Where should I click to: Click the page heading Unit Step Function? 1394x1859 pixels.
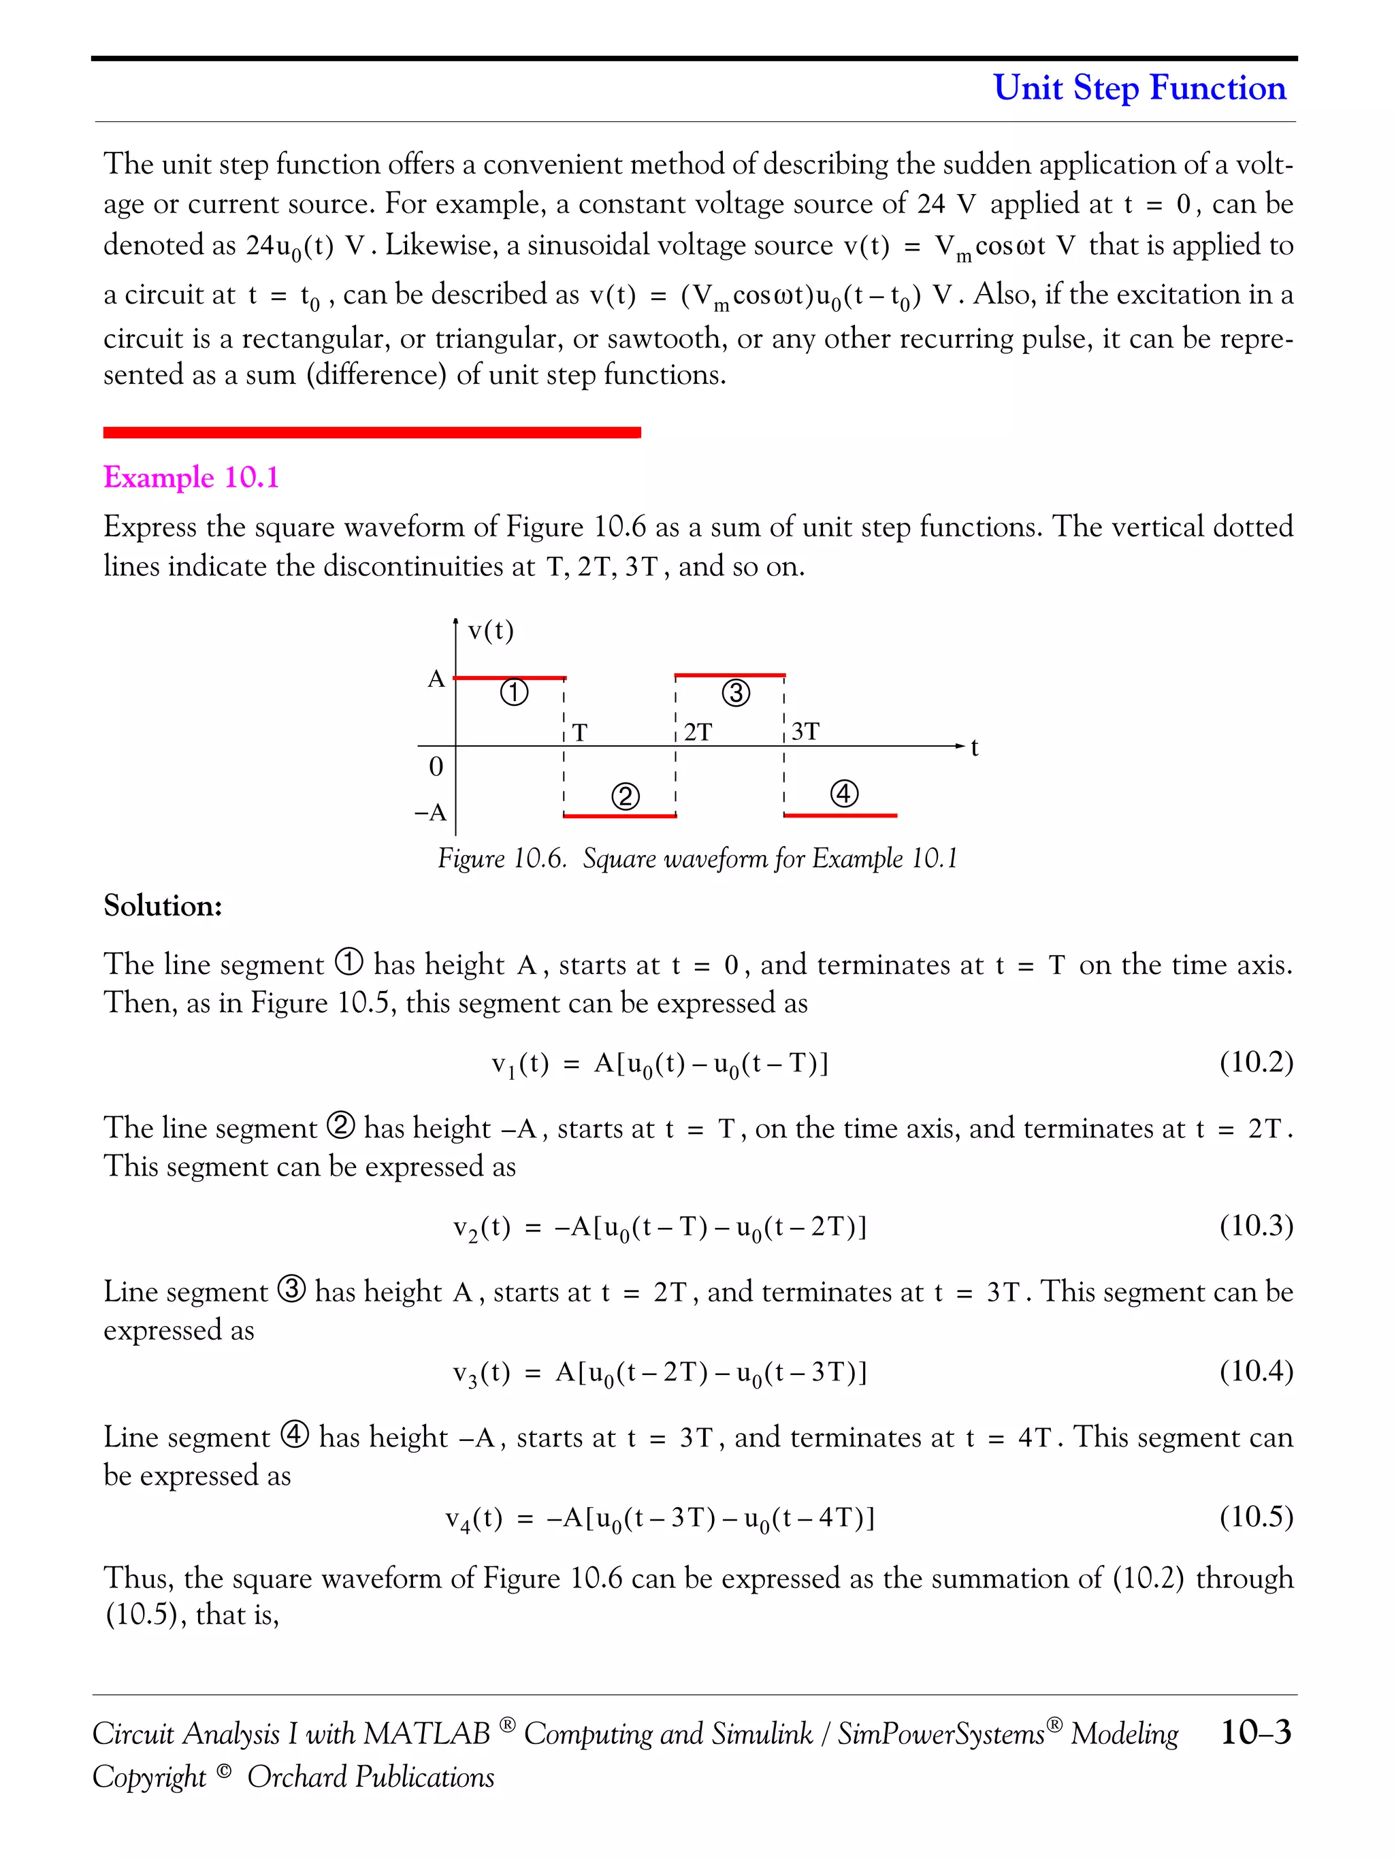(x=1139, y=87)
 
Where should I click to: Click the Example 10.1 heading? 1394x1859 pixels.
(x=191, y=477)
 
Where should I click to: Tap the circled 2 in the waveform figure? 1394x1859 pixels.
(x=624, y=796)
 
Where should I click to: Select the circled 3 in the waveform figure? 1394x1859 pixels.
(x=735, y=694)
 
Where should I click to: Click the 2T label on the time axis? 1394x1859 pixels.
(x=698, y=732)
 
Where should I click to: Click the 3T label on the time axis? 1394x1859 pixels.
(x=805, y=731)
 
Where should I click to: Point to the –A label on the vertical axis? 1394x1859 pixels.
(x=431, y=813)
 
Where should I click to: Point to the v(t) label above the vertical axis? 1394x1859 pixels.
(x=491, y=630)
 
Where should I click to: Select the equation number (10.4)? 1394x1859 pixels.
(x=1255, y=1371)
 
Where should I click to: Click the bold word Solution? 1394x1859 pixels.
(x=163, y=906)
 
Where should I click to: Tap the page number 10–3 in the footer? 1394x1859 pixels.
(x=1255, y=1732)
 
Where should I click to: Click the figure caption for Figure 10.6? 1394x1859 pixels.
(x=698, y=859)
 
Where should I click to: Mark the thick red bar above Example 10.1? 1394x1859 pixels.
(x=372, y=432)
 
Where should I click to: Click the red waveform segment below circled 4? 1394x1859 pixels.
(x=840, y=815)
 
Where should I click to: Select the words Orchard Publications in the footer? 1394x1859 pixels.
(x=370, y=1777)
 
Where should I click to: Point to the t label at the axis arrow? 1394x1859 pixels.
(x=975, y=747)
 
